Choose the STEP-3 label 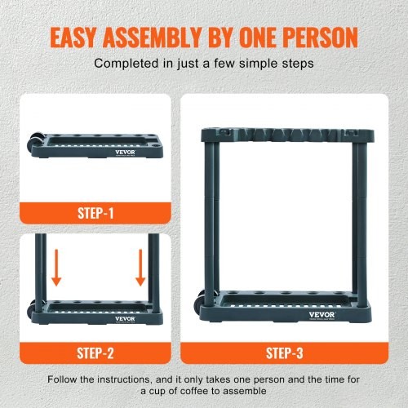point(284,354)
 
